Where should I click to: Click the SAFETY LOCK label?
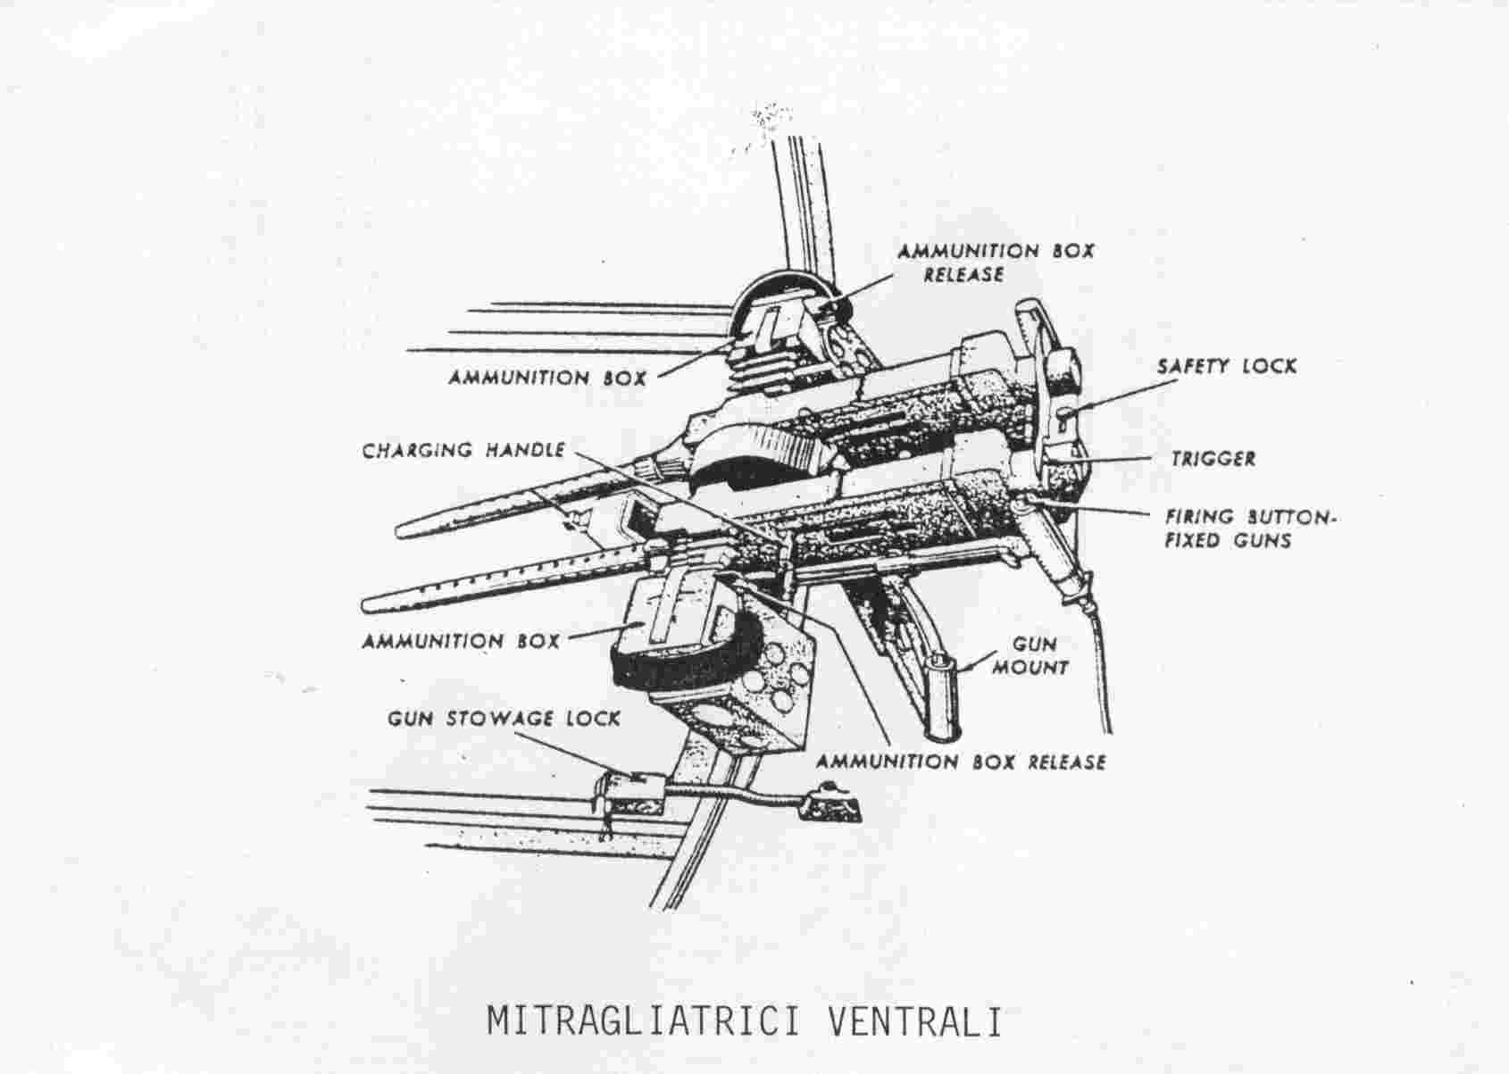1226,366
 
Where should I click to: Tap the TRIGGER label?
1213,459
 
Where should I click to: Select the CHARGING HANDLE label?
463,451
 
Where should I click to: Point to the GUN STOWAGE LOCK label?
504,719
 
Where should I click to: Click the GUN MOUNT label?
1031,656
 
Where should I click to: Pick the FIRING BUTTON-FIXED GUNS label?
1248,529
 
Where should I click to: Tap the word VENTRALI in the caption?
914,1021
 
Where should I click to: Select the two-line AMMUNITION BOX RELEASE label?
996,262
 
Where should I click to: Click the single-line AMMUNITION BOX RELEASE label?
961,762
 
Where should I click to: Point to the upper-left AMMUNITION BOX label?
547,378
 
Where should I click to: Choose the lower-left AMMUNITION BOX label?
462,640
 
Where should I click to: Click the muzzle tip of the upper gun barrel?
399,531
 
